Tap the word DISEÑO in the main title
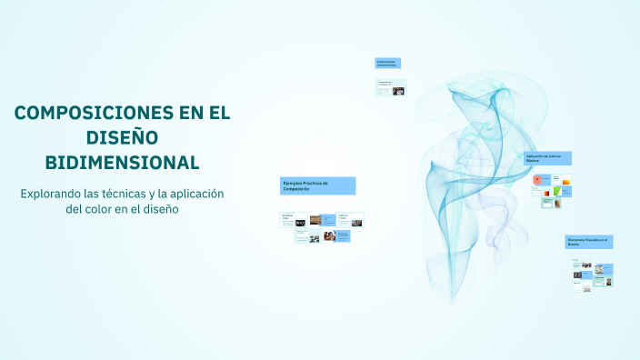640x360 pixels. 122,138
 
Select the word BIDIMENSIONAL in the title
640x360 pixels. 122,163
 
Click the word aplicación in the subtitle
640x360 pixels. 194,194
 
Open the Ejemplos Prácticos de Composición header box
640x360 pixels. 317,185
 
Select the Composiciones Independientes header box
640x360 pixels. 387,64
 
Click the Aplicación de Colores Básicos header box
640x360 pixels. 547,158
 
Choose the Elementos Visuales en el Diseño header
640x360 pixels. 589,242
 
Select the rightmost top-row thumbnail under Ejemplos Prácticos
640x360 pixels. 351,219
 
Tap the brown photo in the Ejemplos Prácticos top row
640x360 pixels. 315,219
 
